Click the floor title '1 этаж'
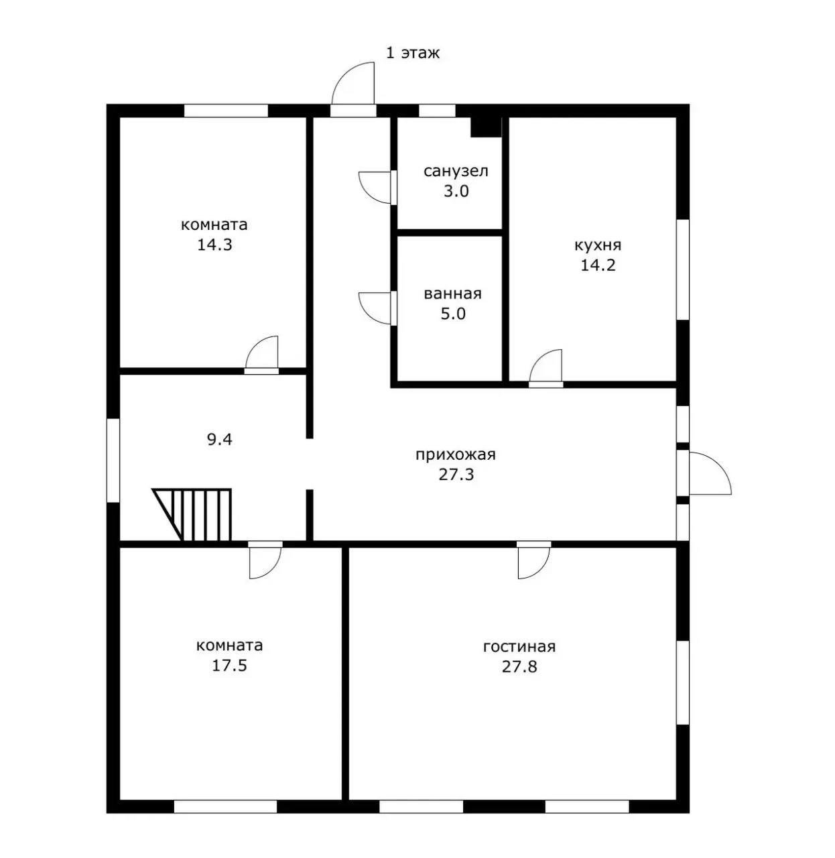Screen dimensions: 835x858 pyautogui.click(x=413, y=54)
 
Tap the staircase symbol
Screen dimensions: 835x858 pyautogui.click(x=192, y=514)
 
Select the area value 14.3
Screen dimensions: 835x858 pyautogui.click(x=214, y=245)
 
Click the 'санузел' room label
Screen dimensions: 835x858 pyautogui.click(x=456, y=171)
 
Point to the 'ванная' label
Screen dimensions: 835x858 pyautogui.click(x=453, y=294)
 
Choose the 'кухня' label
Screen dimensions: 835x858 pyautogui.click(x=598, y=245)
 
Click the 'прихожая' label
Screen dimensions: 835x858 pyautogui.click(x=456, y=454)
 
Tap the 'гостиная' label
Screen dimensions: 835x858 pyautogui.click(x=519, y=647)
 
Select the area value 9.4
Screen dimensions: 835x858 pyautogui.click(x=219, y=440)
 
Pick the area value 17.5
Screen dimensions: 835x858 pyautogui.click(x=229, y=666)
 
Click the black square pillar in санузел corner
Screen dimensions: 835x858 pyautogui.click(x=487, y=127)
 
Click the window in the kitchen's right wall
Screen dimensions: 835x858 pyautogui.click(x=683, y=269)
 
